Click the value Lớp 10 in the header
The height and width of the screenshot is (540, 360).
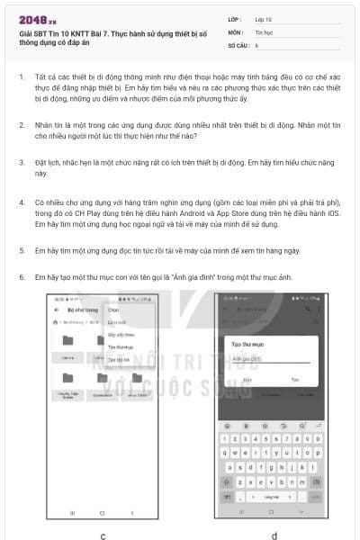tap(263, 18)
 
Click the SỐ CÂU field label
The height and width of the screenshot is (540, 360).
tap(237, 44)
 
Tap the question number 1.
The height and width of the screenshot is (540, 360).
tap(21, 77)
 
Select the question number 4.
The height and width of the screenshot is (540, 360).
tap(21, 204)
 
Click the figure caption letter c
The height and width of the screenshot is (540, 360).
tap(103, 535)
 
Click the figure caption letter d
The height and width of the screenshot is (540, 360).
tap(274, 535)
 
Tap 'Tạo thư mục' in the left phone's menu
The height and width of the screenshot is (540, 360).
tap(120, 346)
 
